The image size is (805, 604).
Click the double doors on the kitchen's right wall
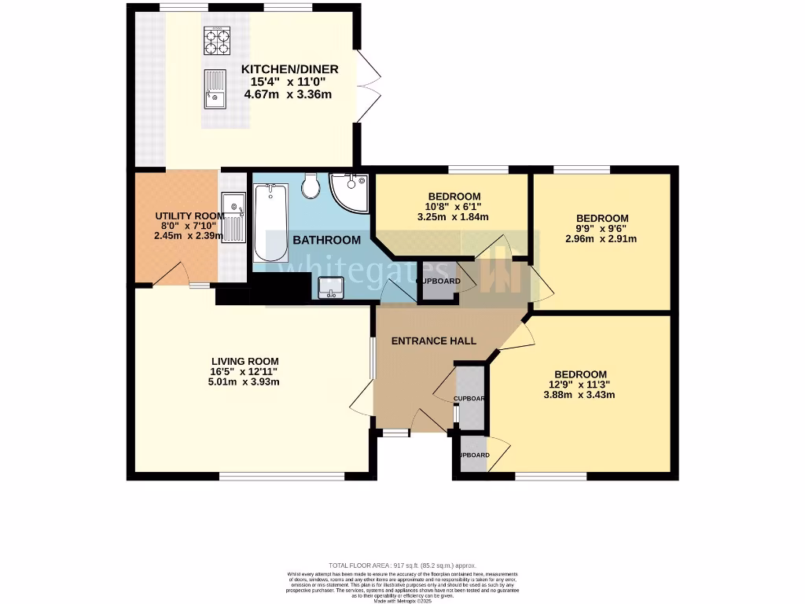364,87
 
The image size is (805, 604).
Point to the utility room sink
233,216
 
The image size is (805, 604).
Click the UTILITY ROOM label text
178,216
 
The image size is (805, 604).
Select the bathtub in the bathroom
270,223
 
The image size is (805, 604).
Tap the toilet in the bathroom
311,186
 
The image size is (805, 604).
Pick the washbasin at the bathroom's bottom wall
330,289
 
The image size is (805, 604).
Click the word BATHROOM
327,240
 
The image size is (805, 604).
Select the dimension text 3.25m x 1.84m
454,217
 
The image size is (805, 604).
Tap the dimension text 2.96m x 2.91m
602,239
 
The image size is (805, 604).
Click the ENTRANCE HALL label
434,341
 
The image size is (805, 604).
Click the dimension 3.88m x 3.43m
580,395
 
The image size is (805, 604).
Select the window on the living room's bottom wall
281,476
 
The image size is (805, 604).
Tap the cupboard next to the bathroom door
439,282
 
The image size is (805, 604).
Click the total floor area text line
402,565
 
